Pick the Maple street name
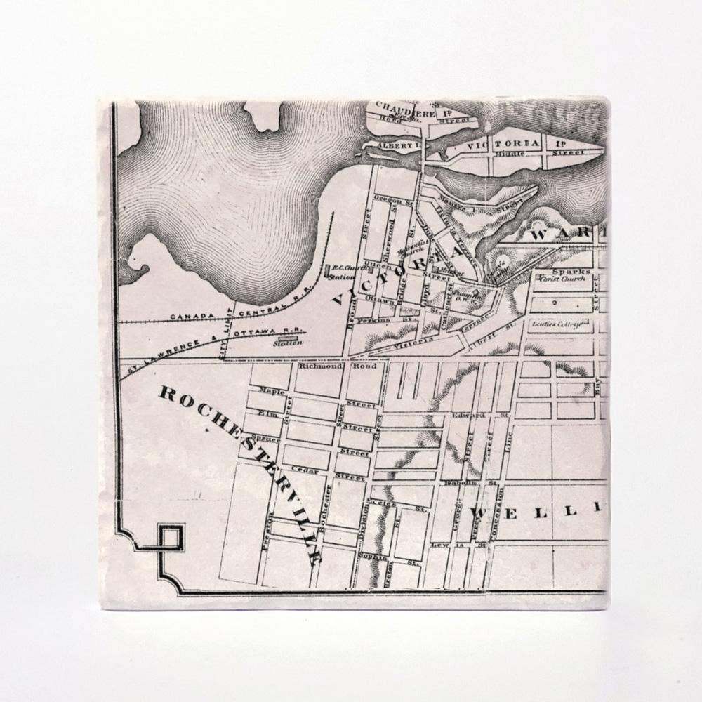point(272,390)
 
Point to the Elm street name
point(269,413)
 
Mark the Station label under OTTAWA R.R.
point(288,342)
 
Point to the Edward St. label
point(469,415)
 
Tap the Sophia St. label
point(377,557)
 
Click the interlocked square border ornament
point(171,537)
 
